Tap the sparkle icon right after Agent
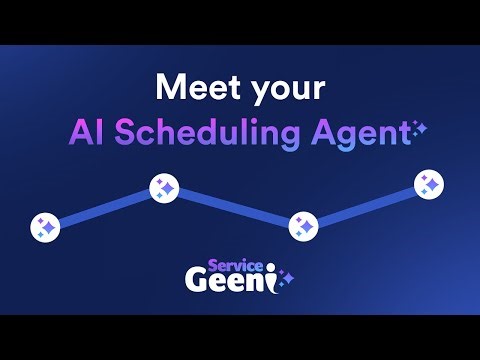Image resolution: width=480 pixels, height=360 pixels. (419, 127)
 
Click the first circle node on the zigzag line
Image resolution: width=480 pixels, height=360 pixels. (45, 227)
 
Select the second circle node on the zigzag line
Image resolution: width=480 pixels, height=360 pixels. (164, 187)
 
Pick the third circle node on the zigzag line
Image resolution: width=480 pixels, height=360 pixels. (303, 226)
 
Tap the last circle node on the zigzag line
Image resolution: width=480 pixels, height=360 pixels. (429, 184)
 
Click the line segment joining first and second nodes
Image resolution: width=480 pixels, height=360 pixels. (105, 207)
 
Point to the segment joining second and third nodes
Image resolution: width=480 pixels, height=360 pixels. (234, 207)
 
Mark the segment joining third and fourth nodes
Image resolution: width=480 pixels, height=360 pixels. (366, 205)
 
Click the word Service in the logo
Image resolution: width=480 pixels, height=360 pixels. (239, 266)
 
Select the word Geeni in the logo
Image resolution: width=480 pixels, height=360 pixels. (229, 281)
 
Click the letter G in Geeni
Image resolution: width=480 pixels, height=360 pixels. (197, 281)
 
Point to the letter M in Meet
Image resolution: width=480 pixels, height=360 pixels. (169, 87)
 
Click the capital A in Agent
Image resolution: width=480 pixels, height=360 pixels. (324, 132)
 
